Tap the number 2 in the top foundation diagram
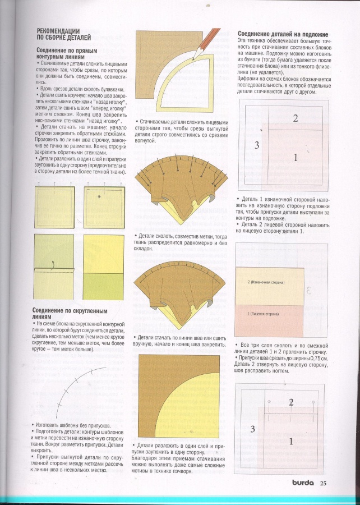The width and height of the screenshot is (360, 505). coord(295,118)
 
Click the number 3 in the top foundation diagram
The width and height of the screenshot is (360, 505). coord(256,145)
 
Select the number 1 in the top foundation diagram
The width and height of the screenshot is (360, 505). coord(295,158)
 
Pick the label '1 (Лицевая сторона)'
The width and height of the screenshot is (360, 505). coord(264,313)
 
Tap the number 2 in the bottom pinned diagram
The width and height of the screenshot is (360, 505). coord(291,402)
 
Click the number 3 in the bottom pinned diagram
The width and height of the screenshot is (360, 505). coord(253,429)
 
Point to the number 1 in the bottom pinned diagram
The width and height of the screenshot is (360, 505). coord(290,442)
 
